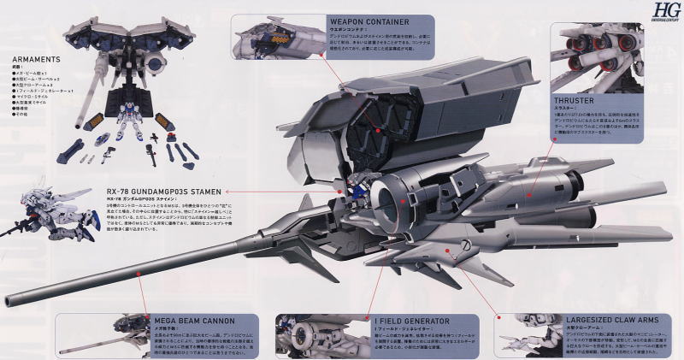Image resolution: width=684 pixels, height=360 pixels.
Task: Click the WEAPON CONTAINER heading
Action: coord(369,21)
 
